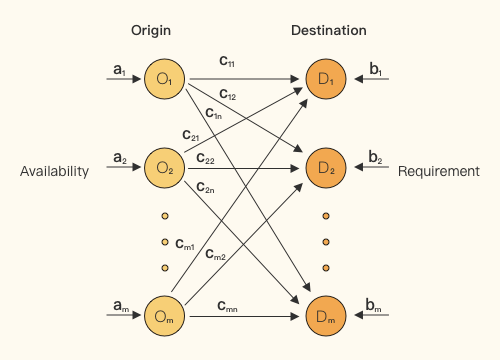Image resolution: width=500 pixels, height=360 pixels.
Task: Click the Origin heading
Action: click(x=151, y=31)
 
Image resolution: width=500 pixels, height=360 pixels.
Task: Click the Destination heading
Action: click(x=329, y=30)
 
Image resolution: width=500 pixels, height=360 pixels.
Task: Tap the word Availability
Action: click(x=54, y=172)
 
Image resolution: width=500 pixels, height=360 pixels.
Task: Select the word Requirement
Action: click(x=439, y=171)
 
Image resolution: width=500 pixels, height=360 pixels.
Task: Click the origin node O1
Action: click(x=164, y=79)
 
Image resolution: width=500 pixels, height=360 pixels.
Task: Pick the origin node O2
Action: click(x=164, y=168)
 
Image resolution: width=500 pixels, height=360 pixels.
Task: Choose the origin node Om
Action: click(x=164, y=316)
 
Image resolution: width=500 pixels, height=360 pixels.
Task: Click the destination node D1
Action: click(x=326, y=79)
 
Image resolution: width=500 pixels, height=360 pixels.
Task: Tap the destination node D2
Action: click(x=326, y=168)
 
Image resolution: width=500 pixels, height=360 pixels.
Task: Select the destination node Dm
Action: click(x=326, y=316)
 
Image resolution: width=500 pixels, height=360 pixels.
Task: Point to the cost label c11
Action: click(x=227, y=61)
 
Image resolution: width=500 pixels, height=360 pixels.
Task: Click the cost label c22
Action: click(x=205, y=158)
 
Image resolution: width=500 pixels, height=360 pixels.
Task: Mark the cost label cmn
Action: click(x=227, y=306)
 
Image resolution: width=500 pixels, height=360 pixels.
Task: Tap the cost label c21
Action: click(x=191, y=135)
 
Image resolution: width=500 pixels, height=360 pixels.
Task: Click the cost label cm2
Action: click(x=215, y=254)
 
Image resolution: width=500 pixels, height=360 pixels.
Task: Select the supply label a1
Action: click(x=119, y=70)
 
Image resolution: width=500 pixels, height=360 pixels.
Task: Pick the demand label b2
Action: click(x=375, y=157)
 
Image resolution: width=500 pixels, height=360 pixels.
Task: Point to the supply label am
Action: click(x=121, y=305)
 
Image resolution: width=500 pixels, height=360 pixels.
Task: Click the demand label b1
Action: click(x=376, y=69)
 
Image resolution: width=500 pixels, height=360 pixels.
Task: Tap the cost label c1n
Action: click(x=214, y=113)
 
